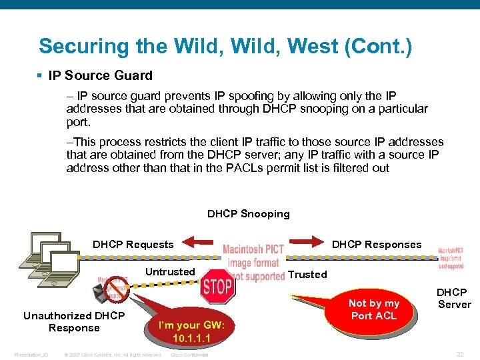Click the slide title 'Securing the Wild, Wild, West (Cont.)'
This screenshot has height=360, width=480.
pyautogui.click(x=225, y=47)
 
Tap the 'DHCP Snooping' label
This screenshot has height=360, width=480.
pyautogui.click(x=248, y=214)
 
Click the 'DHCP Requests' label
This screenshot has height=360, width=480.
pyautogui.click(x=133, y=245)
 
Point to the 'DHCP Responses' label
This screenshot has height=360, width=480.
pyautogui.click(x=377, y=245)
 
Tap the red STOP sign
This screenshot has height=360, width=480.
pyautogui.click(x=217, y=287)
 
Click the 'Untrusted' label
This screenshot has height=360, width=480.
pyautogui.click(x=170, y=271)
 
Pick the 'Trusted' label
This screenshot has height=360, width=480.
pyautogui.click(x=307, y=274)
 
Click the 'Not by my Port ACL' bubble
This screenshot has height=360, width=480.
pyautogui.click(x=373, y=309)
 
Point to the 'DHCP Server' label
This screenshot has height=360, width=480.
pyautogui.click(x=453, y=298)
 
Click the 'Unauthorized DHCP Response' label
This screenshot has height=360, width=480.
pyautogui.click(x=73, y=322)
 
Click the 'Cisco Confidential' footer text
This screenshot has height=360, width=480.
pyautogui.click(x=189, y=355)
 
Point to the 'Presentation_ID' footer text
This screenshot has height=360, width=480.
pyautogui.click(x=31, y=355)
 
